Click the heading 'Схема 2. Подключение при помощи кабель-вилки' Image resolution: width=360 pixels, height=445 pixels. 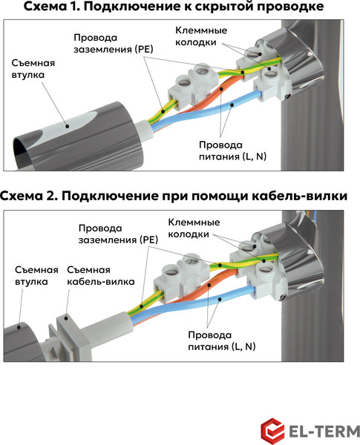[180, 197]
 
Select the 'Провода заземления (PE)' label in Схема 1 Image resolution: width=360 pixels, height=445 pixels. [112, 44]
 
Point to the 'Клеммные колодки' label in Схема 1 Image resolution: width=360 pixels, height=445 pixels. [200, 36]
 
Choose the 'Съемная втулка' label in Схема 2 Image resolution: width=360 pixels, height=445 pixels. [34, 276]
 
